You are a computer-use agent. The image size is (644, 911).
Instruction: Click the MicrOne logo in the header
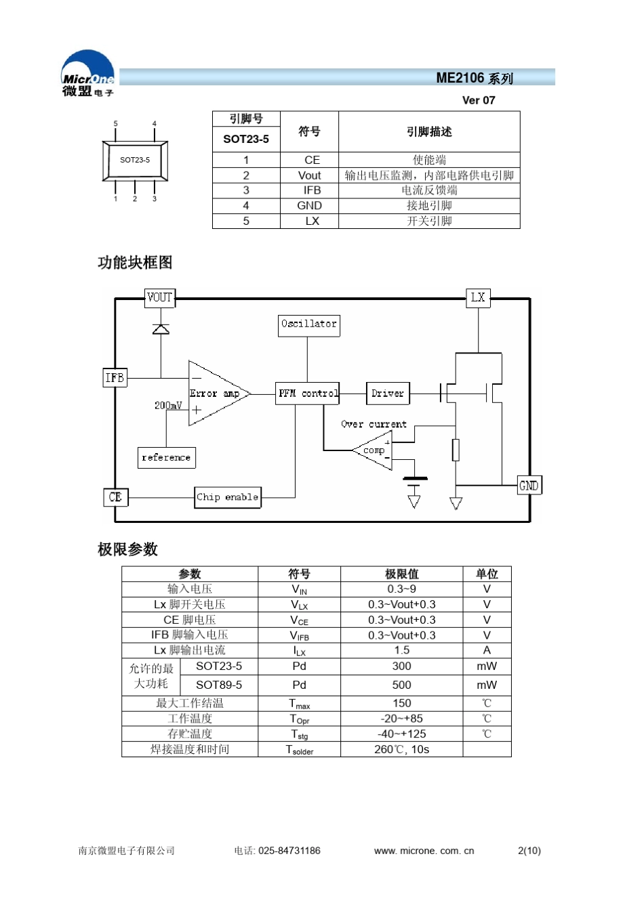pos(87,74)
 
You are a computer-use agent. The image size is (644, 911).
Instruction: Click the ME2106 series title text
pos(474,78)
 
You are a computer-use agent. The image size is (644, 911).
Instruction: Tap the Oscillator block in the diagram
pos(308,324)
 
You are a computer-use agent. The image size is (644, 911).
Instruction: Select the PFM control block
pos(308,394)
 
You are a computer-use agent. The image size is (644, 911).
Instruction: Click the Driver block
pos(387,394)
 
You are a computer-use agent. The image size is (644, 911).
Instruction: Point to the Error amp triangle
pos(216,394)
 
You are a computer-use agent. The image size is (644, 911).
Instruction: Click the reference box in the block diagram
pos(166,458)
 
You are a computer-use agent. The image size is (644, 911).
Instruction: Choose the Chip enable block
pos(227,497)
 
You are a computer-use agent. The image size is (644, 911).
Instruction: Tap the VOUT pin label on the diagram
pos(159,297)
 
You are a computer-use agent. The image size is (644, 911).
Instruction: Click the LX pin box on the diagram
pos(478,297)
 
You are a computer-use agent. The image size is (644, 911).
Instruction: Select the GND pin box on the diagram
pos(529,486)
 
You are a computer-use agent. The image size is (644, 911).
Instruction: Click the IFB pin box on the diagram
pos(115,378)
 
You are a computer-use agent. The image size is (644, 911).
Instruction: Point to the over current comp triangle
pos(374,450)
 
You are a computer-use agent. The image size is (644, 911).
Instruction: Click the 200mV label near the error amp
pos(168,406)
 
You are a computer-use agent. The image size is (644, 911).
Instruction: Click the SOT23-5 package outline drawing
pos(135,161)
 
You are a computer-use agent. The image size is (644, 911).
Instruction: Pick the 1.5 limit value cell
pos(401,650)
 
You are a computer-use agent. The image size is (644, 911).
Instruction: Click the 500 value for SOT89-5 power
pos(401,685)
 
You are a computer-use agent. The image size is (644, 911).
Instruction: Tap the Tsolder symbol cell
pos(299,750)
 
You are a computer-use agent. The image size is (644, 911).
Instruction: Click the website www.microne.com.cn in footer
pos(424,851)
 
